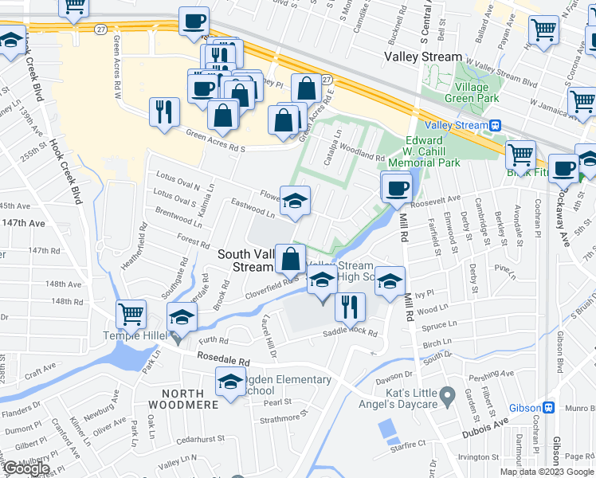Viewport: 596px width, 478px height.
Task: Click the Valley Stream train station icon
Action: (496, 125)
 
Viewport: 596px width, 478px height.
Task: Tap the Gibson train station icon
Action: (549, 407)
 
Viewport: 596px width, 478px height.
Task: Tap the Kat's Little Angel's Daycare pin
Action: (448, 394)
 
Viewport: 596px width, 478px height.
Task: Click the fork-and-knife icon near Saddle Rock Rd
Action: (350, 306)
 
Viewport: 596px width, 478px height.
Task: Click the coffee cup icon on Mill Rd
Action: (396, 188)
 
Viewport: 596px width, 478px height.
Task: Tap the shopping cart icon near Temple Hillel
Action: (131, 314)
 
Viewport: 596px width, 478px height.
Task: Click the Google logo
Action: (26, 469)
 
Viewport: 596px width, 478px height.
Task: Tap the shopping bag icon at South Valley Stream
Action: (291, 258)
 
